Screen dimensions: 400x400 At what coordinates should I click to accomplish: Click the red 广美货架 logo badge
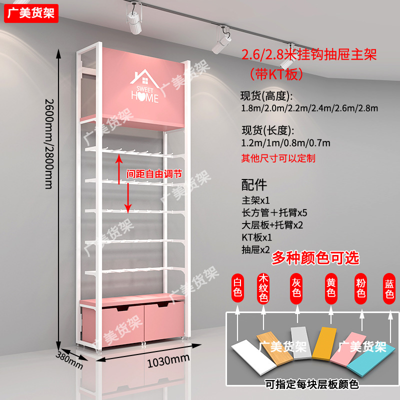(31, 11)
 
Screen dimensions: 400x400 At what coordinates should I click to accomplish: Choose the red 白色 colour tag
(237, 288)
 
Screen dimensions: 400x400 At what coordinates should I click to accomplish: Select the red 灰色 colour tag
(296, 288)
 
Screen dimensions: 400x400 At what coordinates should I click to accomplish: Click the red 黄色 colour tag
(330, 288)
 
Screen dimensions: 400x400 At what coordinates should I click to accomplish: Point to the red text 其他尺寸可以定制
(278, 158)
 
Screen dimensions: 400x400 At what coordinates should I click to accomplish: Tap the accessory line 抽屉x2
(256, 248)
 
